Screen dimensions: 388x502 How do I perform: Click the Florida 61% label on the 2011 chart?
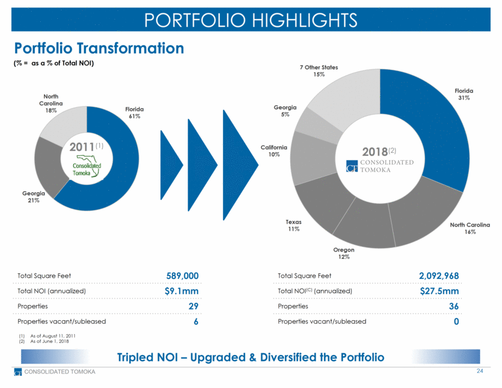135,112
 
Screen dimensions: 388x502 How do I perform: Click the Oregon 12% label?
344,253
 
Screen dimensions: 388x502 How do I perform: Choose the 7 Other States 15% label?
319,71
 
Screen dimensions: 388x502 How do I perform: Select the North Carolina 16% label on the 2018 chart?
470,228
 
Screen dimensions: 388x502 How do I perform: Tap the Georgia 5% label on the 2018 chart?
285,111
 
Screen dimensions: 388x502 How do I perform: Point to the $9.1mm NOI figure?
182,291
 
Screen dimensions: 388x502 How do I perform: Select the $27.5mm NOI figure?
439,291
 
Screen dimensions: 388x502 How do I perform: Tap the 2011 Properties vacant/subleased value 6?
195,322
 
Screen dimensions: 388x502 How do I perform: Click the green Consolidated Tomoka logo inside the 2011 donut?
87,167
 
